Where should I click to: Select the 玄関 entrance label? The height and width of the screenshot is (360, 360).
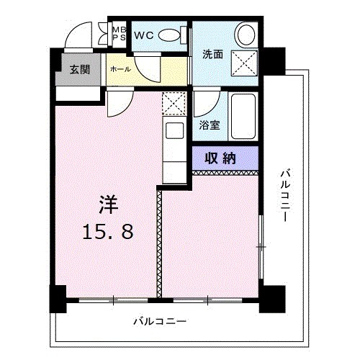pos(80,70)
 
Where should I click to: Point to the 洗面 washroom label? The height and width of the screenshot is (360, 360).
pos(212,54)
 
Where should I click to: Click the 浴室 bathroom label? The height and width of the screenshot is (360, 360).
pos(210,124)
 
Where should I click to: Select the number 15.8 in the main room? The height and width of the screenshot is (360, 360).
pos(108,232)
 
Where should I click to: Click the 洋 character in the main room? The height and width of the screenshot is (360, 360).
pos(108,204)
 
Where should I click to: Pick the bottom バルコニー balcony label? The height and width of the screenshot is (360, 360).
pos(160,321)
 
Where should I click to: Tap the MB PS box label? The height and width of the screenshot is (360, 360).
pos(119,34)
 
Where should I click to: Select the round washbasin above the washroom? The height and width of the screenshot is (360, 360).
pos(246,35)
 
